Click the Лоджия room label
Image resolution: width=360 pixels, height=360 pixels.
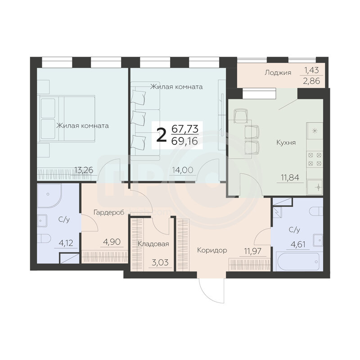[x=278, y=73]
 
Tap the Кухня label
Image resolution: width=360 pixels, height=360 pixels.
[x=286, y=143]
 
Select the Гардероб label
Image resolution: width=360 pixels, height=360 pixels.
[x=109, y=212]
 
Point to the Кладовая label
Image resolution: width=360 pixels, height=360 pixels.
[x=153, y=244]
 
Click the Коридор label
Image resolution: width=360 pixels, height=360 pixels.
[x=212, y=250]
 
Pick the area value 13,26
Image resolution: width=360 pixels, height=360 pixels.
[x=84, y=170]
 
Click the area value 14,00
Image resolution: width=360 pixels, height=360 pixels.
[x=183, y=170]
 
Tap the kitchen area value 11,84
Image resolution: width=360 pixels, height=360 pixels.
[x=290, y=178]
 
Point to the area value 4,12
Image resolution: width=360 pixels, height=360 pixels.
[x=66, y=243]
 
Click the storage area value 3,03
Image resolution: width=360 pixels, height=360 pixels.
[x=160, y=262]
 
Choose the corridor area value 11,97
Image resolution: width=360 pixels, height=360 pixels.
[x=252, y=251]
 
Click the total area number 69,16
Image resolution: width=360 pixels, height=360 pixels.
[x=184, y=141]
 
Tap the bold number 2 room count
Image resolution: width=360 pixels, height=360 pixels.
[x=161, y=135]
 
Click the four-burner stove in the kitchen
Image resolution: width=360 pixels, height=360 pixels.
[x=315, y=159]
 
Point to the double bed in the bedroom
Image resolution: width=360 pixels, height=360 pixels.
[x=67, y=119]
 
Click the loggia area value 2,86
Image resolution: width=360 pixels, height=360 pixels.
[x=311, y=81]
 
